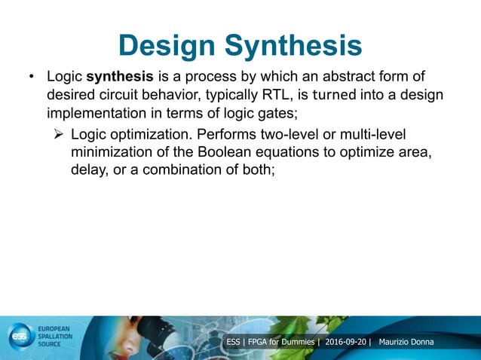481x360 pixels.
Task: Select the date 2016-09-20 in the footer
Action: pyautogui.click(x=346, y=343)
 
